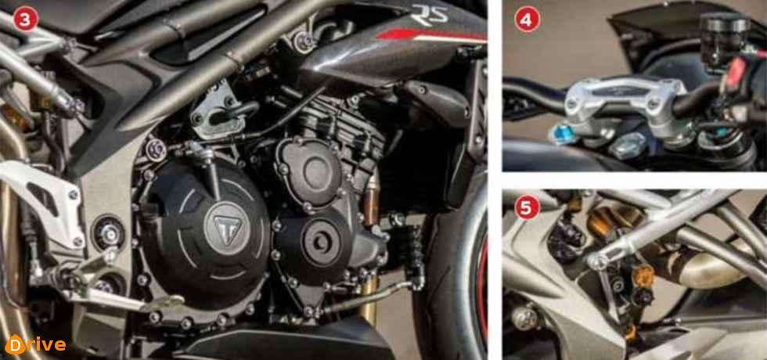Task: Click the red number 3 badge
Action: (25, 20)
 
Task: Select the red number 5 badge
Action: (527, 207)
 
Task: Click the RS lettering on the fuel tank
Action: (430, 14)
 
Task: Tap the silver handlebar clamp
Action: (625, 104)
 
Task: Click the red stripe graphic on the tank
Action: (431, 36)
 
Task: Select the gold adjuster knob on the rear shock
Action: (643, 275)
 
